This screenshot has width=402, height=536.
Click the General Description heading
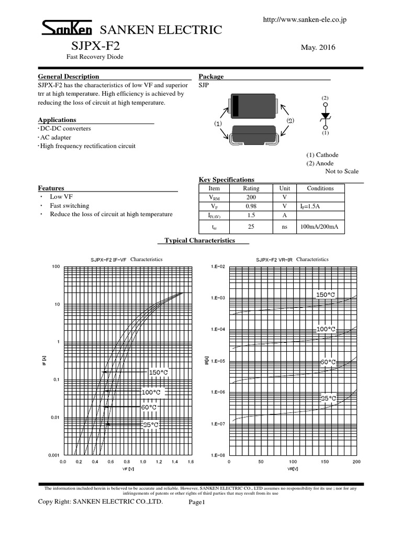pos(69,76)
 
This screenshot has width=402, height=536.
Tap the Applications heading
pos(57,120)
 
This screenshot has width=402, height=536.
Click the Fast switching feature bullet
pos(70,206)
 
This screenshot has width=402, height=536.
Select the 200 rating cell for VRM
pos(251,197)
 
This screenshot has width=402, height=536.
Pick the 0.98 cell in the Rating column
pos(251,206)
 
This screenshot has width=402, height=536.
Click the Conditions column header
pos(320,188)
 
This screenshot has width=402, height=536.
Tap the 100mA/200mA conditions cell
pos(320,227)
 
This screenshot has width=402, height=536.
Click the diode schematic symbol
pos(325,116)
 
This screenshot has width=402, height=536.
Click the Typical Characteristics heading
pos(200,240)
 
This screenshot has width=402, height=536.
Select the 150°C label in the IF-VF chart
pos(158,372)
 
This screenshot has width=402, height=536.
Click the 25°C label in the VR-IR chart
pos(328,398)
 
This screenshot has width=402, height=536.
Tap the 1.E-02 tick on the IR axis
pos(217,267)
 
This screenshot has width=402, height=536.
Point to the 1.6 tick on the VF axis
pos(191,462)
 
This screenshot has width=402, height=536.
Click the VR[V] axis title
pos(293,469)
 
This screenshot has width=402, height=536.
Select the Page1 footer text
pos(199,502)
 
